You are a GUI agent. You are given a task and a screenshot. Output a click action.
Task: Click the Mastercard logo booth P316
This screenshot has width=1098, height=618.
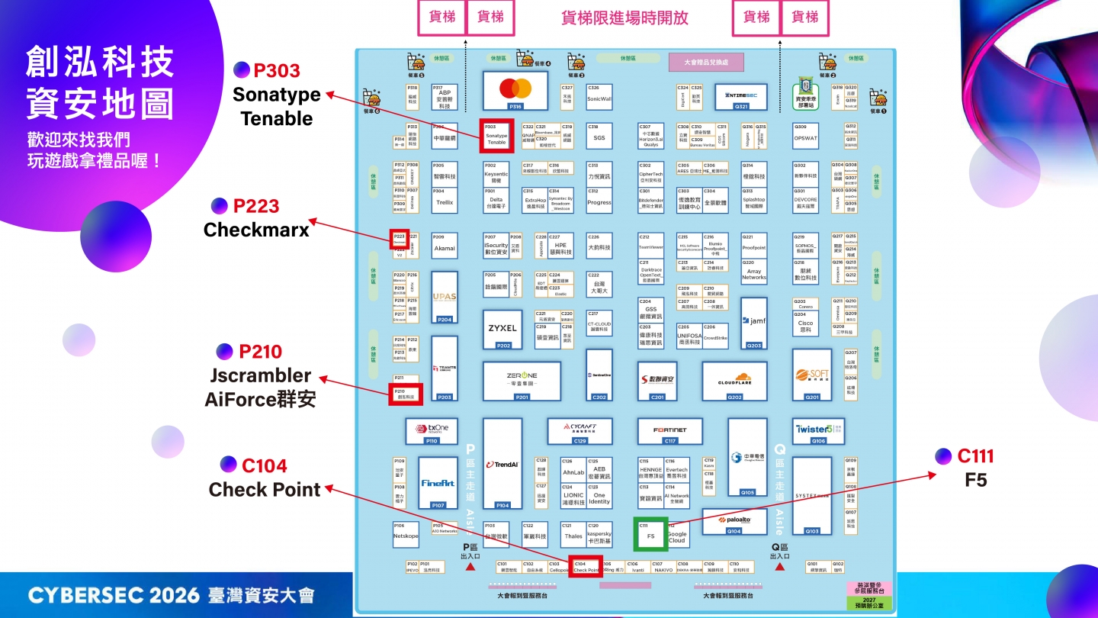pyautogui.click(x=515, y=91)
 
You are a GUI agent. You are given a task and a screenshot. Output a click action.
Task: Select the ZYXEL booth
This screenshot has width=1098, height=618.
pyautogui.click(x=503, y=329)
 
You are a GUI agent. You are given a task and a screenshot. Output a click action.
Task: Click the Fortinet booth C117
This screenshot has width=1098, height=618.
pyautogui.click(x=669, y=431)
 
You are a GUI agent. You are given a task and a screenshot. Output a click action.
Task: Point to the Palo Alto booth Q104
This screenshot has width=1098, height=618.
pyautogui.click(x=734, y=521)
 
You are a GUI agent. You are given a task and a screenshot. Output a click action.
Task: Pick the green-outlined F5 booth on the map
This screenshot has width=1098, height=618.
pyautogui.click(x=650, y=533)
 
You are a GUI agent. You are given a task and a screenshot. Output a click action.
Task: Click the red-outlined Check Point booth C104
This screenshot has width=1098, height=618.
pyautogui.click(x=586, y=567)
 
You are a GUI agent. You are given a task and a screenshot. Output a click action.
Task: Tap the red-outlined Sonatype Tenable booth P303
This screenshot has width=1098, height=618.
pyautogui.click(x=496, y=137)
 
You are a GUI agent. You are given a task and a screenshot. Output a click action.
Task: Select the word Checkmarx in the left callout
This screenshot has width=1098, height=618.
pyautogui.click(x=256, y=230)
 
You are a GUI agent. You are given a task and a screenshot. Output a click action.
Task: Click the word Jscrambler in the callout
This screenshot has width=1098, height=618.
pyautogui.click(x=260, y=375)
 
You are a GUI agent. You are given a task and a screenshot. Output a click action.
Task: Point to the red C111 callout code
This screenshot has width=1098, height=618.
pyautogui.click(x=975, y=456)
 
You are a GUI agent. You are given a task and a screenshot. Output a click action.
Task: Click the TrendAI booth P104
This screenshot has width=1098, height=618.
pyautogui.click(x=502, y=463)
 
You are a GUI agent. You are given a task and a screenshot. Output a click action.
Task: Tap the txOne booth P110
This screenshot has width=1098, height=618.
pyautogui.click(x=432, y=430)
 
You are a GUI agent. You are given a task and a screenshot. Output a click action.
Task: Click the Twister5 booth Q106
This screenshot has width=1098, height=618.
pyautogui.click(x=818, y=430)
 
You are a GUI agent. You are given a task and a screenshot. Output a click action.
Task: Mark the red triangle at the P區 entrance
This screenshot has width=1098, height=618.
pyautogui.click(x=470, y=567)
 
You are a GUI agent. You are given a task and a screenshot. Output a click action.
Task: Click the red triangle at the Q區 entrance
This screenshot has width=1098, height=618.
pyautogui.click(x=779, y=567)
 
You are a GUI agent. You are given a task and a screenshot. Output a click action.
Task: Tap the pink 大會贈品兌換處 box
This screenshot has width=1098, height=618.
pyautogui.click(x=705, y=63)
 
